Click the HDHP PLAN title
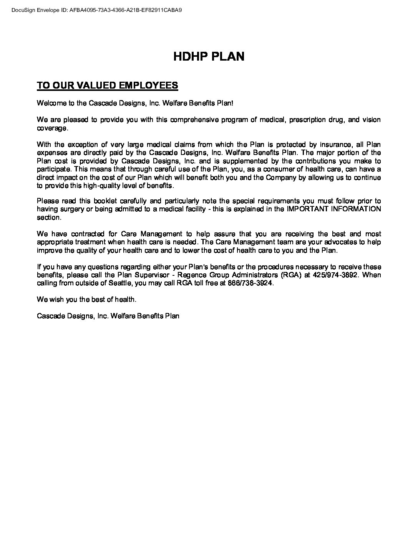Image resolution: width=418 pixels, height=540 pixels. point(209,56)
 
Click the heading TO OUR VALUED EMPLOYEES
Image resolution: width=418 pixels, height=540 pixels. point(107,85)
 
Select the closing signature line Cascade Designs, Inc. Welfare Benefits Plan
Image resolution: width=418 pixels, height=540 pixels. point(108,316)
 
